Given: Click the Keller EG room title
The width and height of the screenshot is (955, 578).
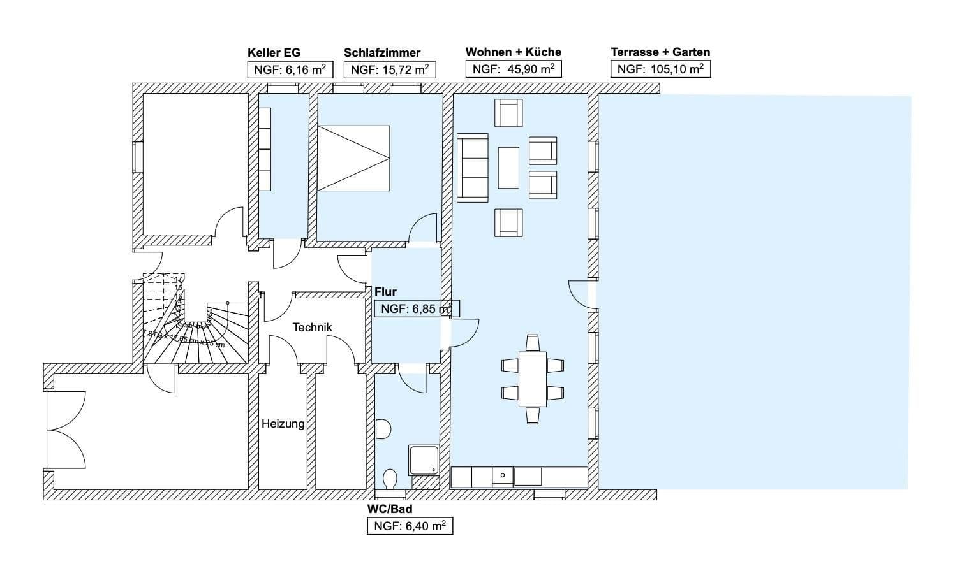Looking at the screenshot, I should coord(274,53).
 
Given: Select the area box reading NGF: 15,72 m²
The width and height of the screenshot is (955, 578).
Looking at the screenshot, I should coord(389,70).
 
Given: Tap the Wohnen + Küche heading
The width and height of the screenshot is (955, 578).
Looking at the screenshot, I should coord(513,52).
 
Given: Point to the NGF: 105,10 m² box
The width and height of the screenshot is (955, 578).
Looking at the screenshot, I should coord(660,69).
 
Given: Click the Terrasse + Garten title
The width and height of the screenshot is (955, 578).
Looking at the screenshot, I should coord(660,52).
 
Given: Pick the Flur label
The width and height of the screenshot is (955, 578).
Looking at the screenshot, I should coord(385,292).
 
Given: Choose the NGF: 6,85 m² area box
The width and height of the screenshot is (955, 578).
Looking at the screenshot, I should coord(416,309).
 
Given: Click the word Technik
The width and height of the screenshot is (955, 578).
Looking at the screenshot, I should coord(312,328).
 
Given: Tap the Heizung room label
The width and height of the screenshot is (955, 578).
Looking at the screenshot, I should coord(283,423).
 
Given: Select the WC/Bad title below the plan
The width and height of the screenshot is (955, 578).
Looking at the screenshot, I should coord(389,509).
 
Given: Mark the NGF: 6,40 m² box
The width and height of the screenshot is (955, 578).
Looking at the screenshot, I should coord(410,526).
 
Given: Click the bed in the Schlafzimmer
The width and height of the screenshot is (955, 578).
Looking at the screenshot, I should coord(353,158).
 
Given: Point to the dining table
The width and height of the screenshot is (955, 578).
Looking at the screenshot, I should coord(532,379).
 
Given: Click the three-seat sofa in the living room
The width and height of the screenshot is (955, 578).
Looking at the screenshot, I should coord(472,168).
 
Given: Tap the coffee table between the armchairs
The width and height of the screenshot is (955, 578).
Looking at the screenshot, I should coord(508,168).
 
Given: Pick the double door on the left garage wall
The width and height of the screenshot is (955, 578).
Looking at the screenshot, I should coord(66,430).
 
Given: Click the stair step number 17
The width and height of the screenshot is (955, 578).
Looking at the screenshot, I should coord(179,279).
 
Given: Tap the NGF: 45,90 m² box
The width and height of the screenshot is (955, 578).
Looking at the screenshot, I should coord(513,69).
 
